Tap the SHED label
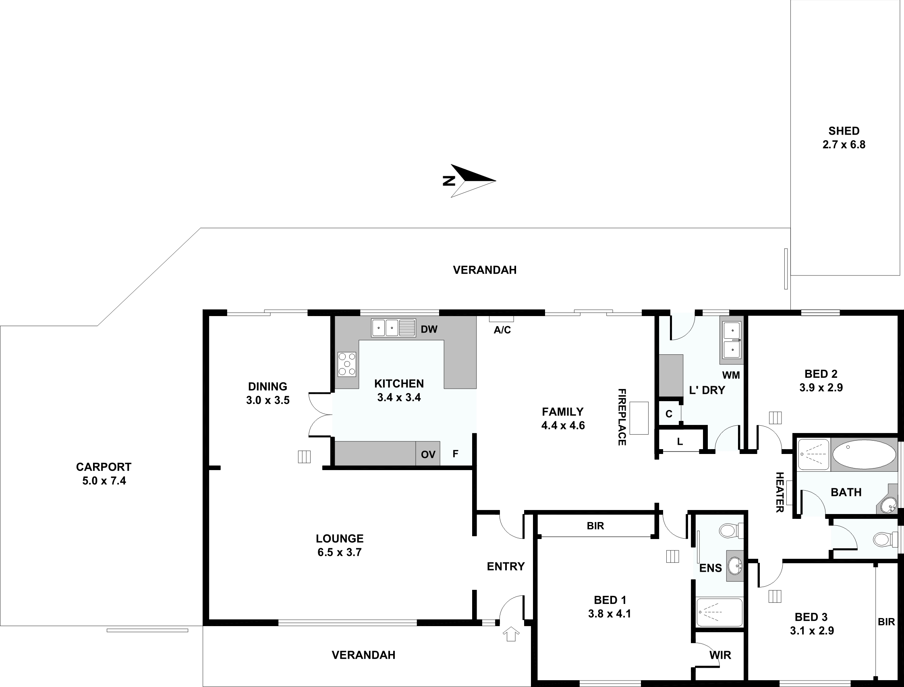point(844,131)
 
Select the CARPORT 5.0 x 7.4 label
point(104,474)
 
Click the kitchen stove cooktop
point(346,364)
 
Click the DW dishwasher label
point(429,329)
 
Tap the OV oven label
point(428,454)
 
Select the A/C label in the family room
point(502,330)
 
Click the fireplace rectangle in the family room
point(639,418)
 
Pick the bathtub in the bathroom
point(864,454)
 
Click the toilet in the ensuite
point(731,531)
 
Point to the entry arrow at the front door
point(511,634)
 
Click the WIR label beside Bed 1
point(720,655)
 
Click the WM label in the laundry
point(731,375)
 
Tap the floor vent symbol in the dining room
point(304,457)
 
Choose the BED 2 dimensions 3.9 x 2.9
point(821,388)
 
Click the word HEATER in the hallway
point(780,492)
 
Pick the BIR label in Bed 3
point(886,622)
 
